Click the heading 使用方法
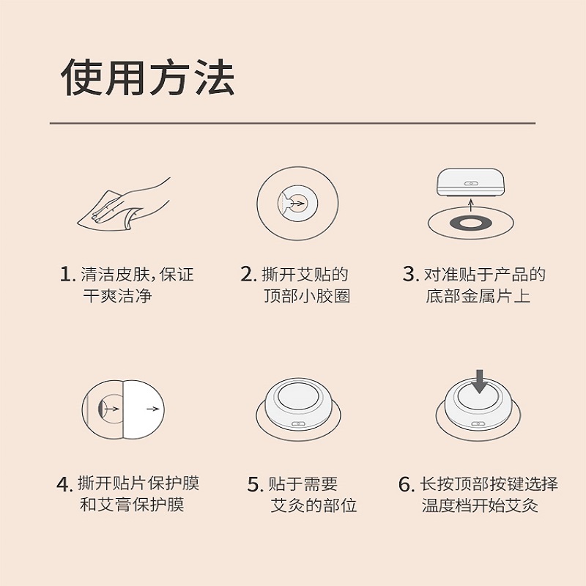click(148, 78)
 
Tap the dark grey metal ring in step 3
click(470, 224)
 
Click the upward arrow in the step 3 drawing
click(471, 206)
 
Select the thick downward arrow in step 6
click(480, 382)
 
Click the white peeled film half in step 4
click(143, 409)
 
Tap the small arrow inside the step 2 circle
click(297, 204)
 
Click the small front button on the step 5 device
click(298, 424)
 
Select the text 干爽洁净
click(117, 296)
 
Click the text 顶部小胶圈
click(307, 296)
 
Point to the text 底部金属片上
click(478, 296)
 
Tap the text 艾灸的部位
click(314, 505)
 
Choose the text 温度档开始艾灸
click(481, 505)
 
